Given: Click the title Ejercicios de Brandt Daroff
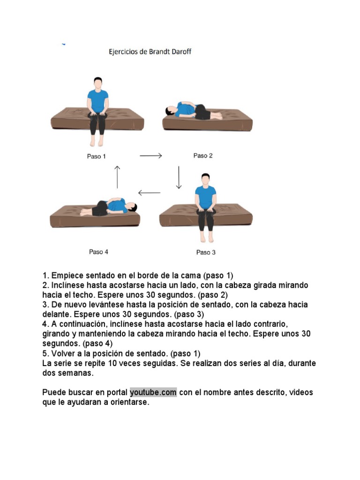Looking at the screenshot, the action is [150, 52].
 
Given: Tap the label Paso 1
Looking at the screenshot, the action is [97, 157].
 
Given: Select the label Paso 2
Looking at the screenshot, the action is [203, 156].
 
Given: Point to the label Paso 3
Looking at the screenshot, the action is [206, 252].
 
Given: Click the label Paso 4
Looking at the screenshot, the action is [98, 252].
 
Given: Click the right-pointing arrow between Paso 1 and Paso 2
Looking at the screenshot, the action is [150, 156].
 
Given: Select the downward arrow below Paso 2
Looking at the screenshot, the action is [179, 178].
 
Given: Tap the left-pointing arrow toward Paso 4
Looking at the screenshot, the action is [149, 193].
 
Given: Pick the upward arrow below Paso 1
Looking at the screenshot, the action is [117, 177].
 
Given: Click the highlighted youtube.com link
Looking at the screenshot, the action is [153, 392].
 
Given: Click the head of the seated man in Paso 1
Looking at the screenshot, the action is [98, 83].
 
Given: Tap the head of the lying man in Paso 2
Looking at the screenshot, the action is [170, 111].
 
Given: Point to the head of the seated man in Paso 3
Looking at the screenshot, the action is [206, 180].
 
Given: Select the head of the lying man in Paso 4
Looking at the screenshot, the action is [132, 207].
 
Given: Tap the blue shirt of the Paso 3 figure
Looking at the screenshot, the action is [206, 197].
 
